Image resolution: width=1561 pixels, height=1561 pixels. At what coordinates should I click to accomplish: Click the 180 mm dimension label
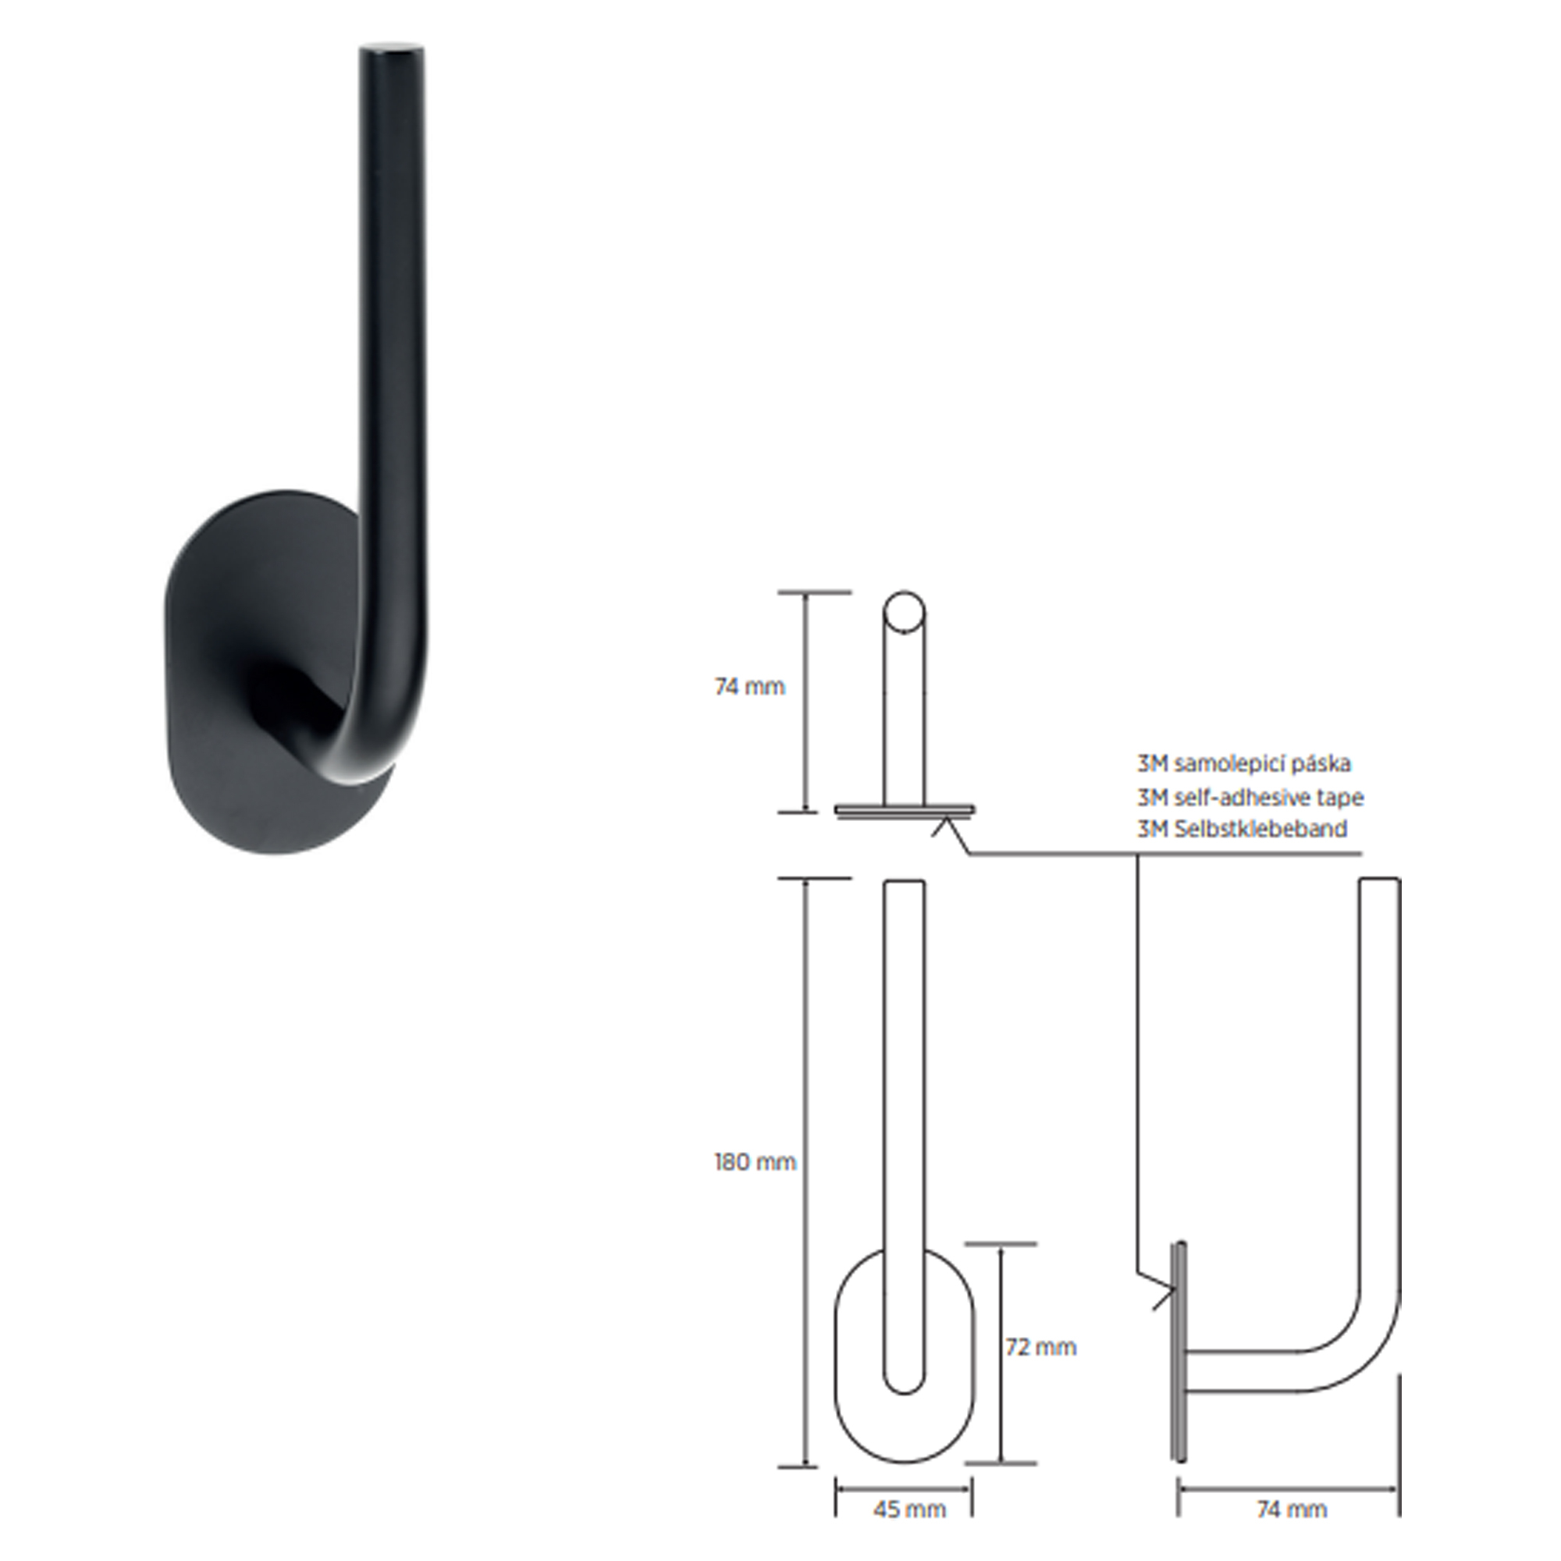tap(756, 1162)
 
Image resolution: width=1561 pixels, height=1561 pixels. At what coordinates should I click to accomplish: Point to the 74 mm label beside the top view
tap(749, 687)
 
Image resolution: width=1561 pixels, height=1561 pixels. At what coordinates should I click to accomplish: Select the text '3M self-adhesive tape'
tap(1250, 798)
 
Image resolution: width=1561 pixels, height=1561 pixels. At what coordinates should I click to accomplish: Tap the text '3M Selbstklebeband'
tap(1242, 829)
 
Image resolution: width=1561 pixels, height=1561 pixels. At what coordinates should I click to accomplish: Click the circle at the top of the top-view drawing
tap(904, 611)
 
